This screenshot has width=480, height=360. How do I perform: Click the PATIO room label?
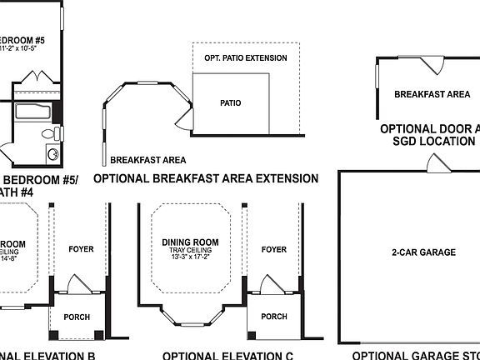click(x=231, y=104)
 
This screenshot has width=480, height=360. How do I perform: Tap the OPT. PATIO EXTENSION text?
click(x=245, y=58)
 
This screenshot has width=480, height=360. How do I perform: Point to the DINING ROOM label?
click(x=187, y=242)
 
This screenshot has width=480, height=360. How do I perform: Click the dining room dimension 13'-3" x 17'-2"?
click(x=187, y=258)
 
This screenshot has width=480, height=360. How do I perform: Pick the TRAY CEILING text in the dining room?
click(x=187, y=250)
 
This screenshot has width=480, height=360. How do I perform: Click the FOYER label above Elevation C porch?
click(x=273, y=249)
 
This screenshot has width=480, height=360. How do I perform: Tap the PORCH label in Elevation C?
click(x=274, y=317)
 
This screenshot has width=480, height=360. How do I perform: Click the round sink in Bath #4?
click(x=52, y=153)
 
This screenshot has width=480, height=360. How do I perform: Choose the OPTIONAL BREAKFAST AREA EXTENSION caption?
click(x=206, y=178)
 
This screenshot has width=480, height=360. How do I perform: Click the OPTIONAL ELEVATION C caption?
click(x=227, y=355)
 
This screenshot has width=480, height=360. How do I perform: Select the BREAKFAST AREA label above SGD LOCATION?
click(x=432, y=95)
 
